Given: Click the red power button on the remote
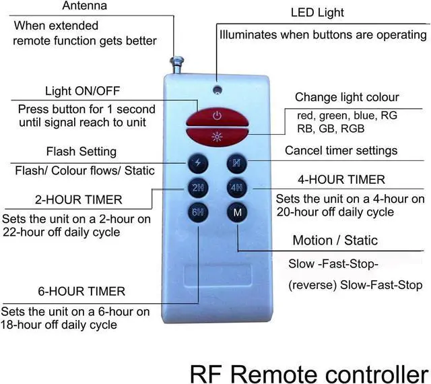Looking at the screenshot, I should coord(217,116).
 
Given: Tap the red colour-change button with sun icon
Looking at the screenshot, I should coord(217,137).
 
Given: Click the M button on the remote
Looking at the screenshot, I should coord(237,212).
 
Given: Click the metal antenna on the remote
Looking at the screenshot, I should coord(180,66).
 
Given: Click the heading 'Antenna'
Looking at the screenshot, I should coord(84,6).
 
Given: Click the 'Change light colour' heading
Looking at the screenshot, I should coord(347,97).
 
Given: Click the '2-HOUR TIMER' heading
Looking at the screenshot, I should coord(79,199).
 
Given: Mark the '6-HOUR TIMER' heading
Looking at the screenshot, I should coord(81,292).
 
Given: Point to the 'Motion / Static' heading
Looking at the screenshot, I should coord(335,241).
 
